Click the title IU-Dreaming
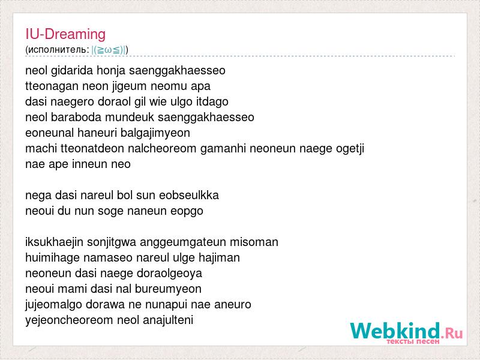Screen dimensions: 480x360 pos(65,34)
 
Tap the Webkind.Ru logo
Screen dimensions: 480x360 pos(406,332)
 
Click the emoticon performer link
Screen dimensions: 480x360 pos(109,50)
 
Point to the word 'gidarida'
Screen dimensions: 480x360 pos(72,70)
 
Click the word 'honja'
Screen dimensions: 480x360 pos(111,71)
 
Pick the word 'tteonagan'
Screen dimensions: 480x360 pos(52,86)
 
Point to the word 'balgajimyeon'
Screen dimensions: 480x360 pos(155,133)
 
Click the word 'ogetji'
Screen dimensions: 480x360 pos(350,149)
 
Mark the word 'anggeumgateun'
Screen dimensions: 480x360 pos(183,242)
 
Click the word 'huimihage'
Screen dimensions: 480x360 pos(52,258)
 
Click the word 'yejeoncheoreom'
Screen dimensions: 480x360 pos(69,320)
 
